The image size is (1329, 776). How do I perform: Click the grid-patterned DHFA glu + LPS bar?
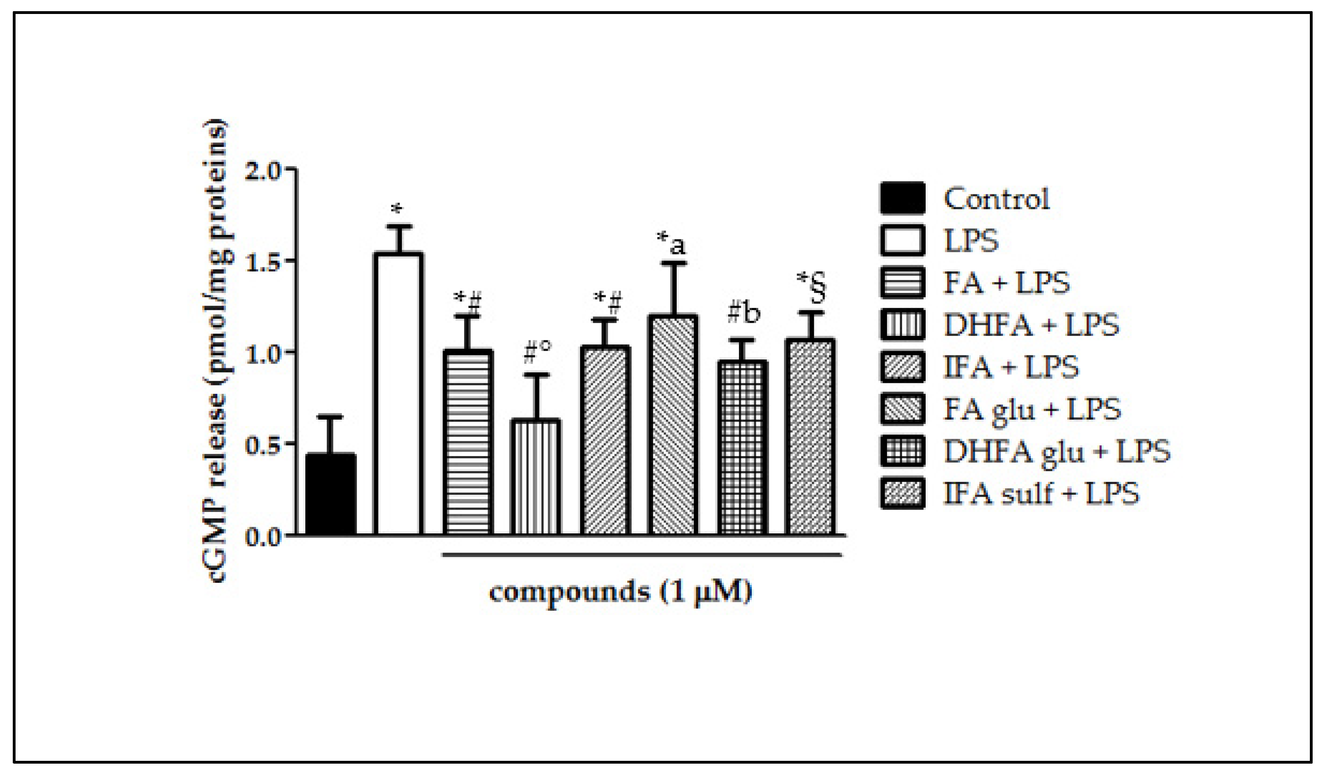point(742,448)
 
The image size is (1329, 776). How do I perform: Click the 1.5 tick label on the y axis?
point(263,262)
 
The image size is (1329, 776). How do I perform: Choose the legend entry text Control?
point(996,199)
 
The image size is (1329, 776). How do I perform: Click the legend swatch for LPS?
point(902,241)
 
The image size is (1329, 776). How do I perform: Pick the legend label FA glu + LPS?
point(1031,409)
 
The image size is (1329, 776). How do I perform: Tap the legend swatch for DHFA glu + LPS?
point(902,452)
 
